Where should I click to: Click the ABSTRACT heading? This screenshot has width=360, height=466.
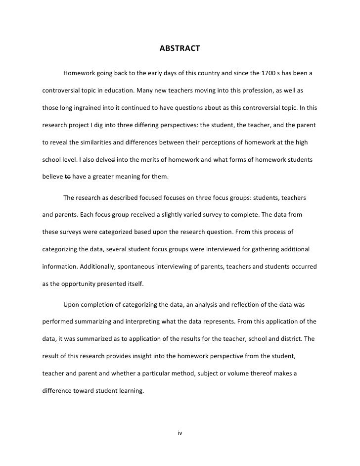pos(180,48)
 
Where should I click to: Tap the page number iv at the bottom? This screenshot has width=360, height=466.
pos(180,433)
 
